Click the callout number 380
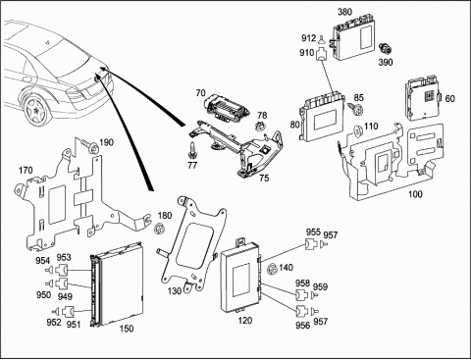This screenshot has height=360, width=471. pos(344,12)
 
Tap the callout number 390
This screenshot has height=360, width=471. pos(386,62)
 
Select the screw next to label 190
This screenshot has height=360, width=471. pos(89,146)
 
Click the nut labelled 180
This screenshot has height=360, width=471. pos(159,229)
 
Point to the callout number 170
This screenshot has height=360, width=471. pos(26,171)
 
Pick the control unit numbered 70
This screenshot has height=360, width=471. pos(227,107)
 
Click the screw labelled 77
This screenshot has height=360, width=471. pos(191,149)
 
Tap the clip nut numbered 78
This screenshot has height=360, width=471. pos(260,126)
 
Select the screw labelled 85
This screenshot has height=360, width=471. pos(356,109)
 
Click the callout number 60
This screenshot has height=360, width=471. pos(450,98)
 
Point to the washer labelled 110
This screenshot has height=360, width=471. pos(358,130)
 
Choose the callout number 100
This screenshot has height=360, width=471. pos(415,194)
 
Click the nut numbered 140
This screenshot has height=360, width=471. pos(271,270)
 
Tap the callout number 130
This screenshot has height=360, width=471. pos(174,290)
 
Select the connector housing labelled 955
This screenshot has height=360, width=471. pos(311,244)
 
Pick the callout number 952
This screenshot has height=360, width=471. pos(54,322)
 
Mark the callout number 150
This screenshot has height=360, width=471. pos(127,329)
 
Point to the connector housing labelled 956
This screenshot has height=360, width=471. pos(301,311)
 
